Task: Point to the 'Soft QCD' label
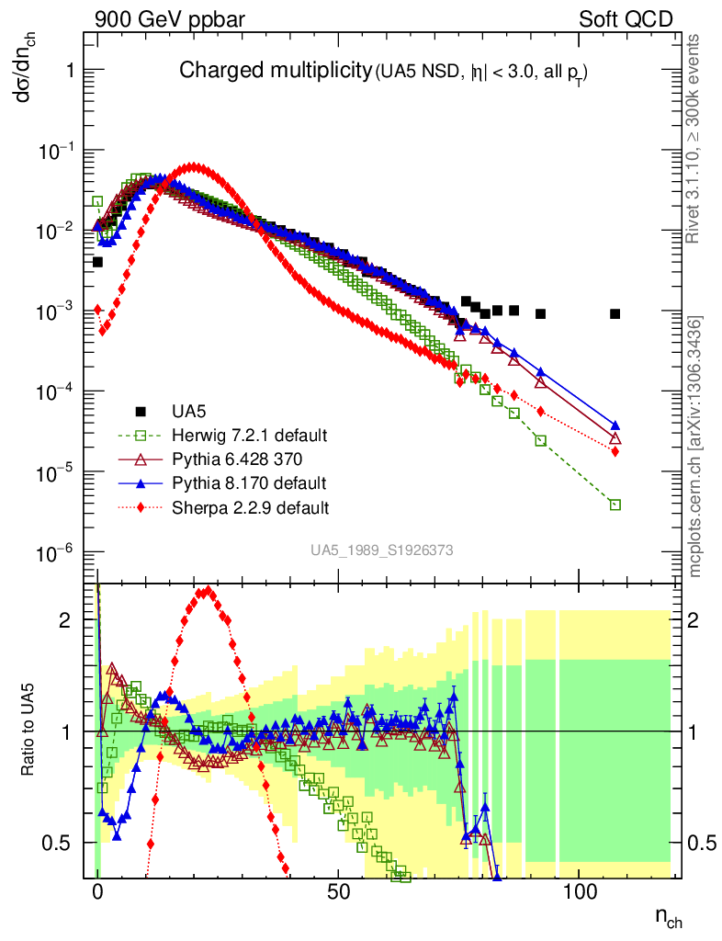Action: tap(626, 18)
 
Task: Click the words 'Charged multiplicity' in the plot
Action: tap(274, 71)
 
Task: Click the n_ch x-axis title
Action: tap(669, 915)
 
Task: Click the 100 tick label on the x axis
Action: tap(580, 892)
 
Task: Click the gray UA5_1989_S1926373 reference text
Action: tap(381, 550)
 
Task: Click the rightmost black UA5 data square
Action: tap(615, 314)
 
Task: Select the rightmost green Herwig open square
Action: tap(615, 505)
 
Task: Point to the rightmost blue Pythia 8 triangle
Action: tap(615, 425)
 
